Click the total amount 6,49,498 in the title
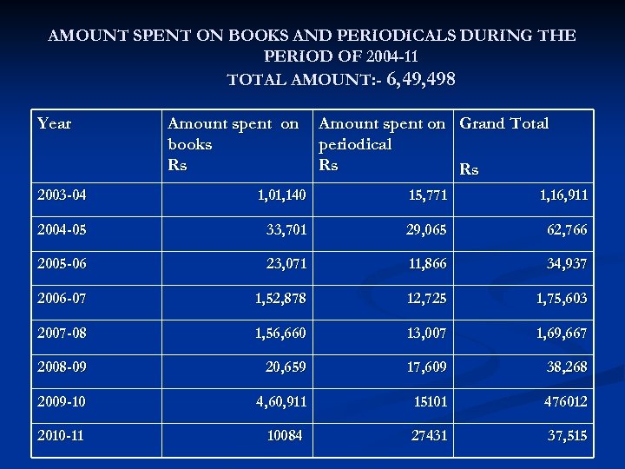(x=421, y=80)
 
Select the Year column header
(x=55, y=123)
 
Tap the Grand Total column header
(x=503, y=123)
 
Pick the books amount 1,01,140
(x=281, y=195)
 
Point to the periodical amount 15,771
(x=428, y=195)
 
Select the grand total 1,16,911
(x=562, y=195)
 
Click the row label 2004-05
(x=62, y=230)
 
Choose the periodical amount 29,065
(x=426, y=230)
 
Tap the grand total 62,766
(x=567, y=230)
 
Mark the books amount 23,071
(x=286, y=264)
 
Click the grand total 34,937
(x=567, y=264)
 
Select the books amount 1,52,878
(x=280, y=299)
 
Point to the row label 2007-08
(x=62, y=333)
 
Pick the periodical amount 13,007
(x=426, y=333)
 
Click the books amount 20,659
(x=286, y=367)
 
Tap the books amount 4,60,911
(x=280, y=401)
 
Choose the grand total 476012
(x=565, y=401)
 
